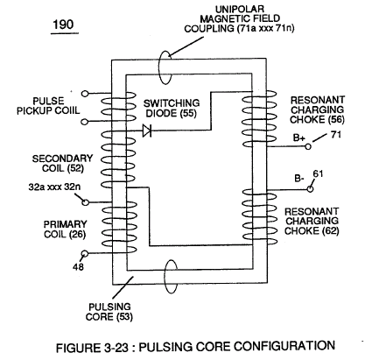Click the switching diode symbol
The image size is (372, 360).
coord(147,131)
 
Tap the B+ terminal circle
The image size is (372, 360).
coord(308,146)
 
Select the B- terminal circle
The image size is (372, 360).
coord(310,189)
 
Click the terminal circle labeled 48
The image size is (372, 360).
coord(85,253)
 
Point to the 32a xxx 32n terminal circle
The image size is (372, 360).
coord(85,202)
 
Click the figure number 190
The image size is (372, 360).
coord(63,25)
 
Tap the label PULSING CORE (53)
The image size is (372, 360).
coord(109,312)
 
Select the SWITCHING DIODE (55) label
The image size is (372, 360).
coord(172,108)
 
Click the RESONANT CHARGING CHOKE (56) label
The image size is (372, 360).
coord(318,109)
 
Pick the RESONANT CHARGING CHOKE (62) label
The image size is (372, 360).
coord(312,221)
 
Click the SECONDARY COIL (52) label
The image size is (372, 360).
coord(62,163)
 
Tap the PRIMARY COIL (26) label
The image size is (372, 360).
coord(65,229)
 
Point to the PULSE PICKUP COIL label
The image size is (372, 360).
coord(48,106)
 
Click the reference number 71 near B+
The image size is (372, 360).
coord(336,135)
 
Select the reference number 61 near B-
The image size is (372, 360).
coord(318,174)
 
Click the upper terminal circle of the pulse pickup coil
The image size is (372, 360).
coord(85,94)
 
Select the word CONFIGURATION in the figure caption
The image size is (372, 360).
coord(284,346)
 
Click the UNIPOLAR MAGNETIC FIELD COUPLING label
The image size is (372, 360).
coord(239,18)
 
